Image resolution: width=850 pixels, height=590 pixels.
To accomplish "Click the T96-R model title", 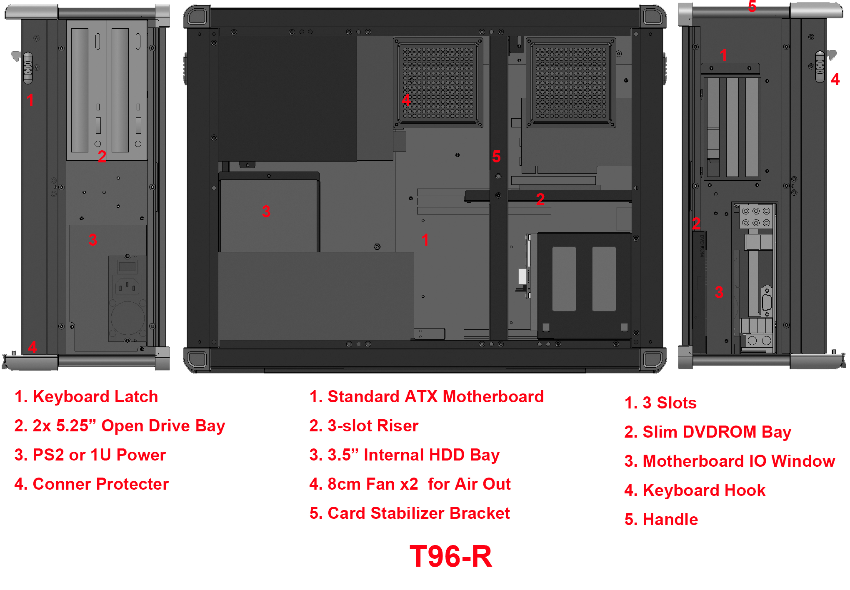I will click(451, 556).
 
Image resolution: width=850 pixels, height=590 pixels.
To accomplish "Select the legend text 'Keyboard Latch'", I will click(95, 397).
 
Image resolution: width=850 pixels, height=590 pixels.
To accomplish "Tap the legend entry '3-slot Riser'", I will click(372, 426).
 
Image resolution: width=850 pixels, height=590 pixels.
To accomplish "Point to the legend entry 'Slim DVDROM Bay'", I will click(717, 432).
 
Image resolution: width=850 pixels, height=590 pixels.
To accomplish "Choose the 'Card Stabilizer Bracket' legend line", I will click(418, 513).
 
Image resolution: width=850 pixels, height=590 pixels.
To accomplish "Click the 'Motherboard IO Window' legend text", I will click(738, 461).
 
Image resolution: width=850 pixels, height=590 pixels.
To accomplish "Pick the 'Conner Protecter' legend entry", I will click(100, 484).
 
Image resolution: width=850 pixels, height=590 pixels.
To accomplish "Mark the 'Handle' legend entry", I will click(670, 520).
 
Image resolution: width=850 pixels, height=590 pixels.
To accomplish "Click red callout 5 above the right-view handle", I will click(752, 7).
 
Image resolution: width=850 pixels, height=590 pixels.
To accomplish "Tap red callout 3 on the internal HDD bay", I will click(266, 212).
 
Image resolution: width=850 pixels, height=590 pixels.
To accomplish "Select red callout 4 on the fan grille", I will click(406, 100).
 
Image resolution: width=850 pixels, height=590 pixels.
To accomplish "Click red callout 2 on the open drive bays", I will click(102, 157).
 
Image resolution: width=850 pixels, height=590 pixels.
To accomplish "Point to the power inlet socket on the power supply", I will click(127, 286).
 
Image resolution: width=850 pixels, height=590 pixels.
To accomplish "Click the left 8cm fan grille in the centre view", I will click(438, 82).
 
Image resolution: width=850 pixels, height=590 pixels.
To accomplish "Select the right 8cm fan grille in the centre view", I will click(570, 82).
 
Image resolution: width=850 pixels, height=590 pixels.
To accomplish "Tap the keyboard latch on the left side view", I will click(27, 67).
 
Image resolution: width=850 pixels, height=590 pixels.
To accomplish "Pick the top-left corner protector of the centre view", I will click(197, 17).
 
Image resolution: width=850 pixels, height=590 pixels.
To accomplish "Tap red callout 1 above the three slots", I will click(724, 55).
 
